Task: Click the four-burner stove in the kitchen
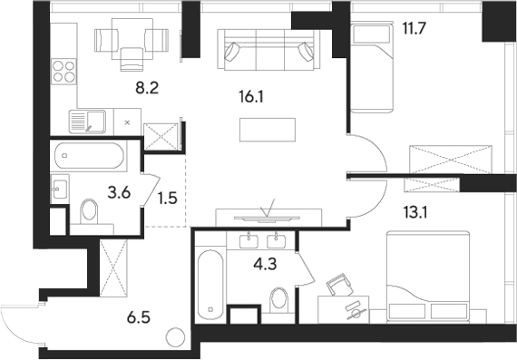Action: point(65,71)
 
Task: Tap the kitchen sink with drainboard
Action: point(89,120)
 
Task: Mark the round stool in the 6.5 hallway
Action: point(174,338)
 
